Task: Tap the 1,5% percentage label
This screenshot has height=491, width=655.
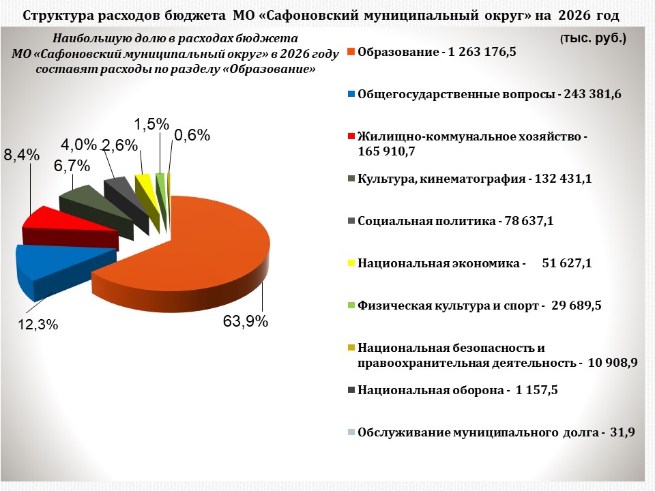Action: (x=151, y=123)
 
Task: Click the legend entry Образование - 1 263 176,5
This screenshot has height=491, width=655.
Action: (x=437, y=53)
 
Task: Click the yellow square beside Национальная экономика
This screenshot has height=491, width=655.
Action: (x=351, y=263)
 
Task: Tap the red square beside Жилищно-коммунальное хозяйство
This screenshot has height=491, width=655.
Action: (x=351, y=137)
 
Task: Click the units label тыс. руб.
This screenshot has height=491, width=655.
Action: (x=594, y=40)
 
